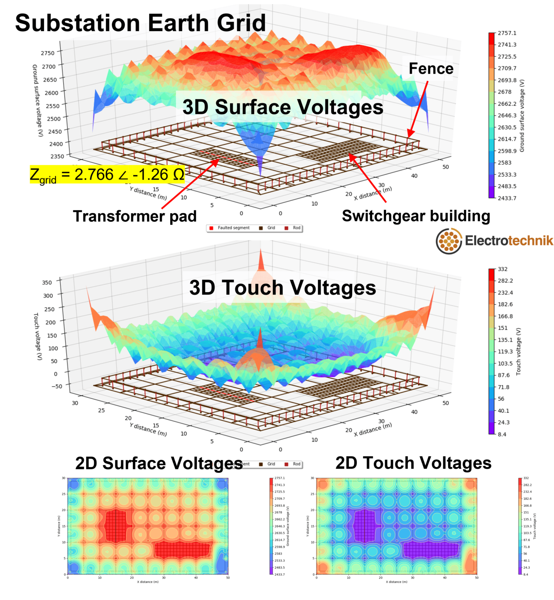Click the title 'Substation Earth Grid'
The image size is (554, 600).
click(141, 23)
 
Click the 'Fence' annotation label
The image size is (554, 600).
click(431, 69)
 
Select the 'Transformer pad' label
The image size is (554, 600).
click(135, 216)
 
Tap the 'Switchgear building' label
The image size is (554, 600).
click(416, 216)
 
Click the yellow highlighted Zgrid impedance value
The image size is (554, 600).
click(107, 175)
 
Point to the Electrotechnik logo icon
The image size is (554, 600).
click(449, 241)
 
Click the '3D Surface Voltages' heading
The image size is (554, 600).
click(283, 107)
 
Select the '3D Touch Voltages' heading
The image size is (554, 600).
click(283, 287)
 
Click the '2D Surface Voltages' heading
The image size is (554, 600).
click(159, 464)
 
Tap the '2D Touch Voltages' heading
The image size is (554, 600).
click(413, 463)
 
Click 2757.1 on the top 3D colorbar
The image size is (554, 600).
click(507, 33)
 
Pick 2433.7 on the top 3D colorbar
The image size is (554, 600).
click(507, 198)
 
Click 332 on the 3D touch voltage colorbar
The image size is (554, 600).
click(502, 269)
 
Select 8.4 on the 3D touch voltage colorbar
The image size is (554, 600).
click(502, 434)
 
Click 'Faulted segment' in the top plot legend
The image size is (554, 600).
click(233, 228)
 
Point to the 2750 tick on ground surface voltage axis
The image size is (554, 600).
click(48, 53)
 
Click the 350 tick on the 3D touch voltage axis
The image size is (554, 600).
click(47, 282)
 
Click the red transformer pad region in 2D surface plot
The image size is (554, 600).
click(116, 526)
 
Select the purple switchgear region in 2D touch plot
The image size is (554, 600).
click(431, 550)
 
